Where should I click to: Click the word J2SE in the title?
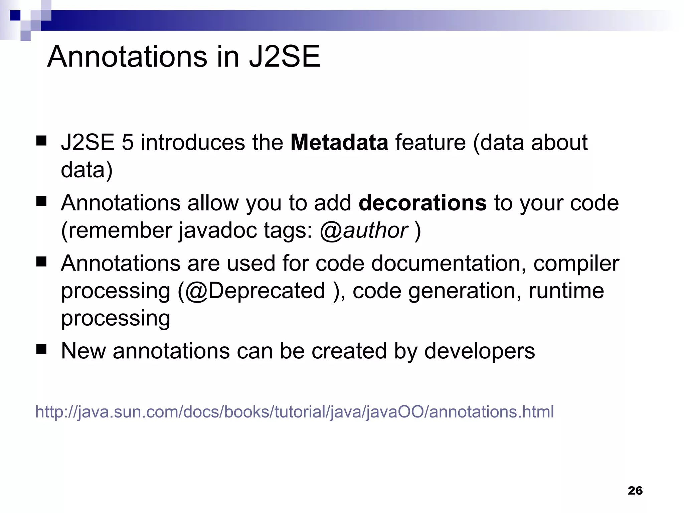point(284,57)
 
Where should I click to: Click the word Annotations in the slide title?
point(127,57)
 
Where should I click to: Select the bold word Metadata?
point(339,142)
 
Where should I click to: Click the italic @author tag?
point(364,230)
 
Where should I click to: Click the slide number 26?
point(635,491)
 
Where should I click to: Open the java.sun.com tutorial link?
point(294,411)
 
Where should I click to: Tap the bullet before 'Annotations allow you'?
point(41,201)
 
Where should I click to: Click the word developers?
point(479,351)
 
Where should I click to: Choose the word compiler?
point(576,264)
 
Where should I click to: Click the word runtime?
point(566,291)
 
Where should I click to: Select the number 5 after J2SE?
point(128,143)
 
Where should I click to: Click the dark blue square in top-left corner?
point(15,15)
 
